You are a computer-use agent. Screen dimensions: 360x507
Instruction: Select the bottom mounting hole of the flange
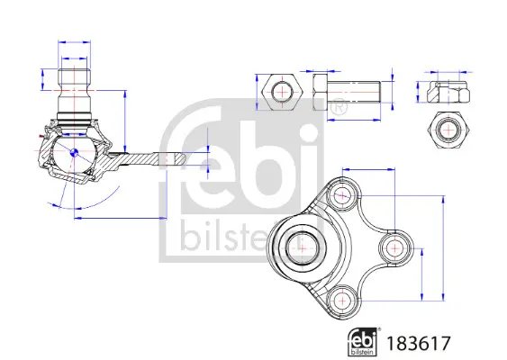[x=342, y=298]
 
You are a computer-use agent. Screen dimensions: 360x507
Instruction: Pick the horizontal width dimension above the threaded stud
[x=74, y=41]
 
